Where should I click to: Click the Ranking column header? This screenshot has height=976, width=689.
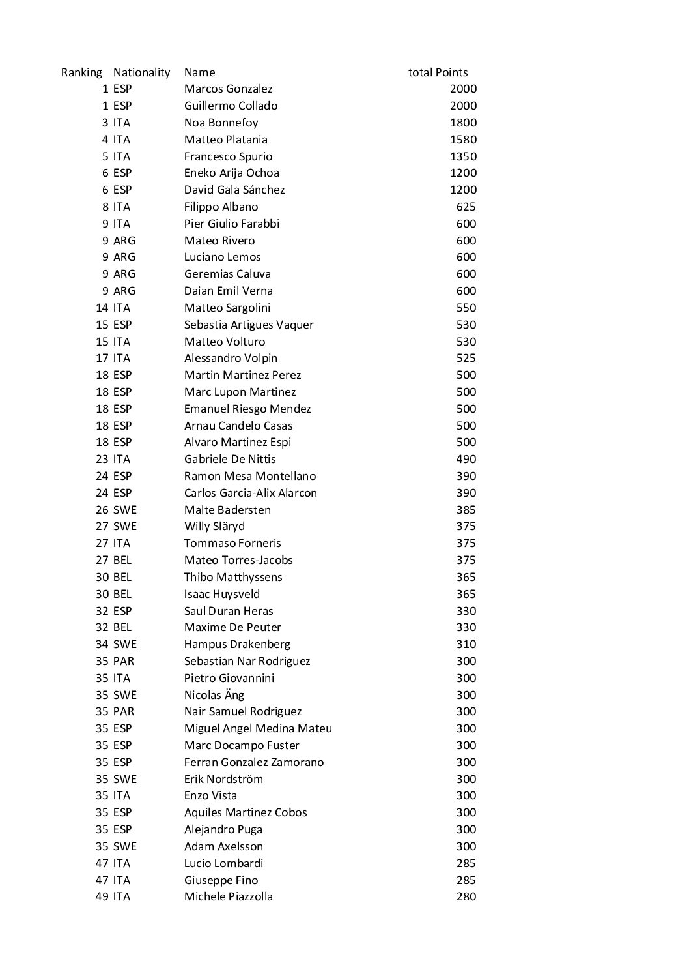pos(81,72)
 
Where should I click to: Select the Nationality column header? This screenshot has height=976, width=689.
pos(141,72)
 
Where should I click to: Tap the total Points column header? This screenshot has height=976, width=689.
pos(438,72)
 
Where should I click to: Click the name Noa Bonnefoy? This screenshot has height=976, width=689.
pos(221,123)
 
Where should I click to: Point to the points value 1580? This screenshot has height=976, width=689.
pos(463,140)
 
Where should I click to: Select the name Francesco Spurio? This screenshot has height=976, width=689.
pos(228,156)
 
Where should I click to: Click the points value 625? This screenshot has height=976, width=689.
pos(466,207)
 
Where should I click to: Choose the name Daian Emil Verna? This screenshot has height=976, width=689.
pos(228,291)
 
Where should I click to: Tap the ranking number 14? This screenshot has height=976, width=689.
pos(102,308)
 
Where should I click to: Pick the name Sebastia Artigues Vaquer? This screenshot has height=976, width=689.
pos(249,325)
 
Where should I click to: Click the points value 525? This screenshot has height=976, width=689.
pos(466,358)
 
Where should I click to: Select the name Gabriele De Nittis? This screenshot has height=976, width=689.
pos(230,459)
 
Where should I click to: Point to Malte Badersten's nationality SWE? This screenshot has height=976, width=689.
pos(124,510)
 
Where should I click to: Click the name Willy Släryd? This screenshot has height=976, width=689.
pos(214,526)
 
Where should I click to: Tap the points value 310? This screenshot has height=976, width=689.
pos(466,644)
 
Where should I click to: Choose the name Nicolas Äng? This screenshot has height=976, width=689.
pos(214,695)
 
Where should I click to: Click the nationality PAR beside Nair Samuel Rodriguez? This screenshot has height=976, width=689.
pos(123,711)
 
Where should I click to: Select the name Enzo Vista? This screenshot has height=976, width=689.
pos(210,795)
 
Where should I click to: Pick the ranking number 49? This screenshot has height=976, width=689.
pos(102,896)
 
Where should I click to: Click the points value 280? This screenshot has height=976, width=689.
pos(466,896)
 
